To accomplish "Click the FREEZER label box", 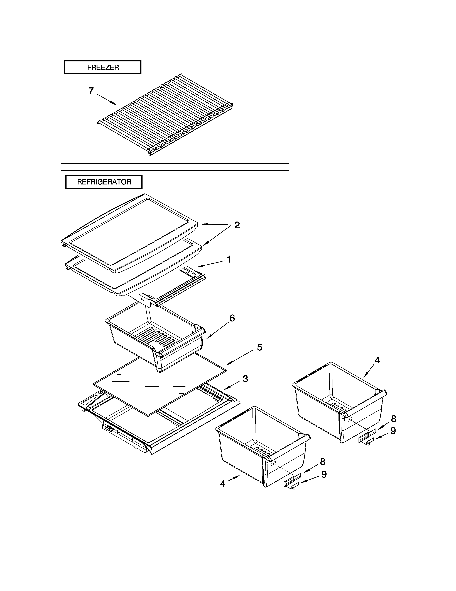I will (x=102, y=67).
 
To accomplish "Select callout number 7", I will (x=91, y=91).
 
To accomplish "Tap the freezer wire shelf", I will (x=165, y=116).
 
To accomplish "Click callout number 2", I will (x=237, y=225).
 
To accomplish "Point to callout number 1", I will (x=229, y=259).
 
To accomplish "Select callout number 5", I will (x=259, y=347).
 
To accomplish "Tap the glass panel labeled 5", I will (x=159, y=384).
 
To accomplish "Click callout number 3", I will (x=245, y=379).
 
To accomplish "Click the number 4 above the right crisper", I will (x=377, y=360).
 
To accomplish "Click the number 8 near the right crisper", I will (x=394, y=419).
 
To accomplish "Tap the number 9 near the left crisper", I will (x=324, y=474).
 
